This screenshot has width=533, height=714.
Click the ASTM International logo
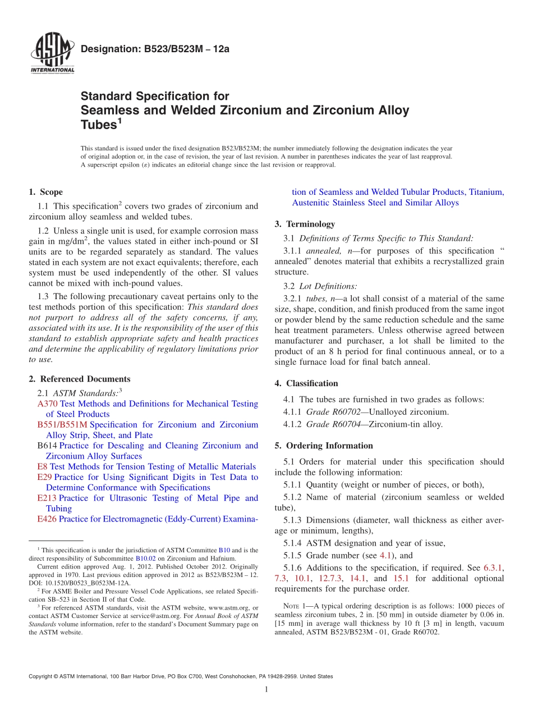point(52,54)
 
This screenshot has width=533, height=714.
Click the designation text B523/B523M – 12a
point(155,49)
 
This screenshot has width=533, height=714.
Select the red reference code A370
point(48,404)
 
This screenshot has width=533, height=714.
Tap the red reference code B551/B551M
point(62,425)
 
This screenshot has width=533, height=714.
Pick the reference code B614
point(47,446)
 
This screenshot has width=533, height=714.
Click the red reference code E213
point(47,498)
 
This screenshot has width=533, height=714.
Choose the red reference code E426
point(47,519)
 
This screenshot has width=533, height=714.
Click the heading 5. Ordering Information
point(324,446)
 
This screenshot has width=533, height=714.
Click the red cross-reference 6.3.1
point(493,567)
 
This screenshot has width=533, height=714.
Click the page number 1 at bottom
point(266,689)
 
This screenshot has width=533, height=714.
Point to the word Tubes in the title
point(98,125)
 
